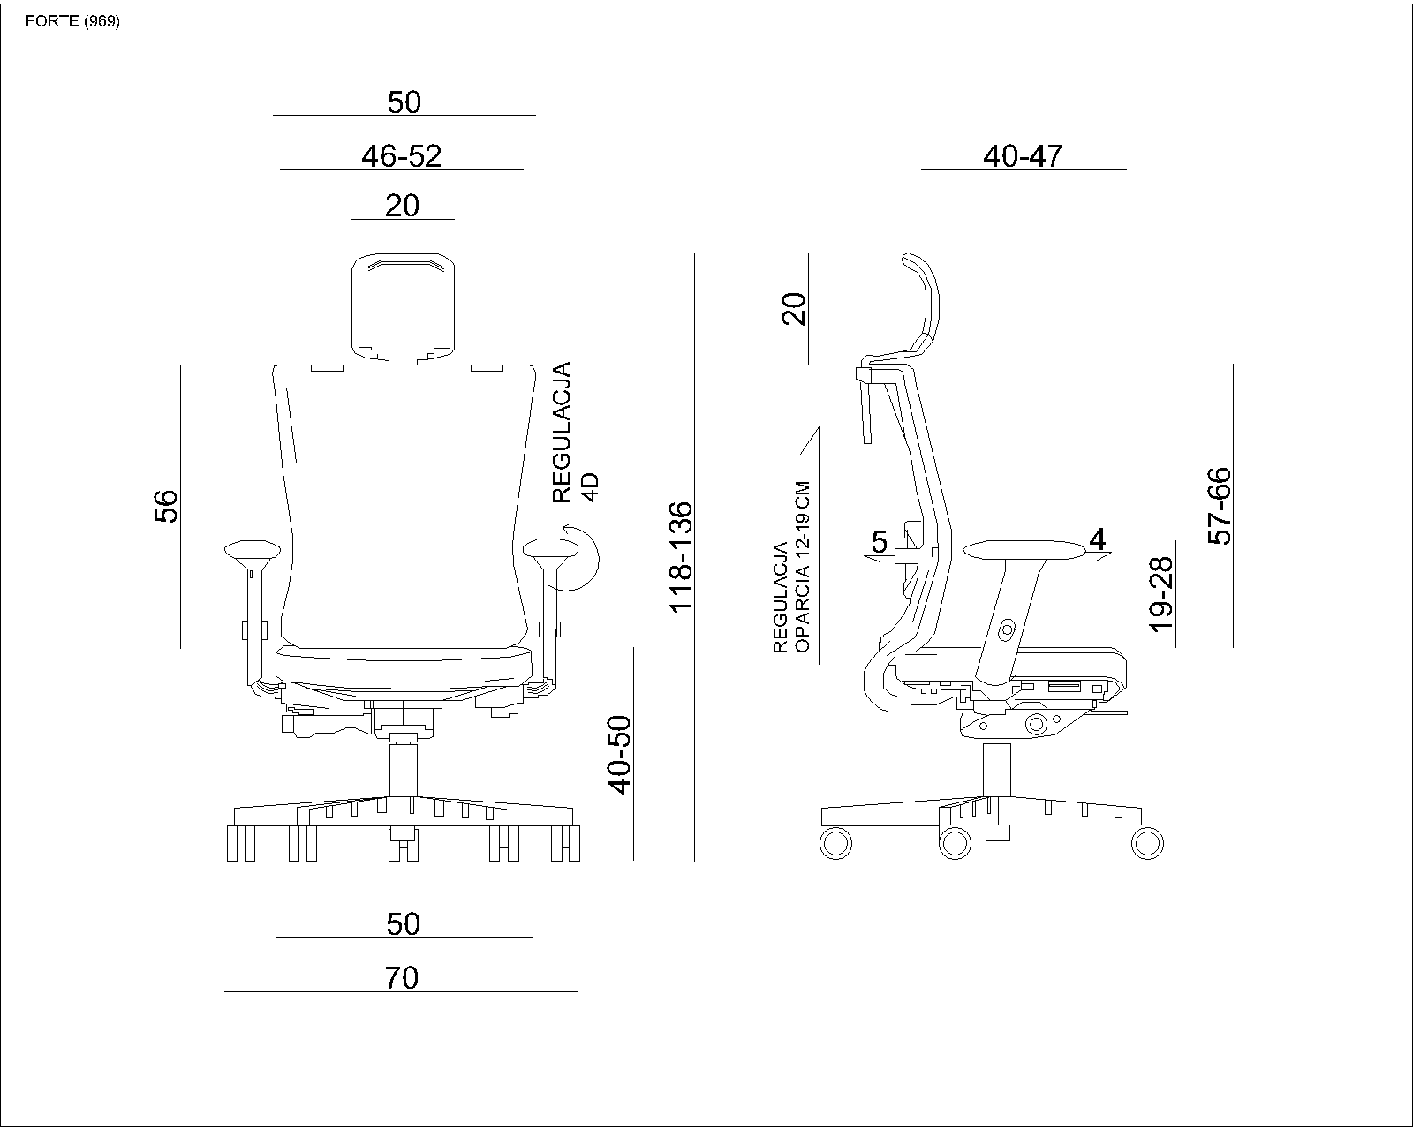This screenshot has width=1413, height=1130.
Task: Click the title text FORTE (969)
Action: [x=72, y=22]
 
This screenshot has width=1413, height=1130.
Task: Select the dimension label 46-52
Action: [x=401, y=156]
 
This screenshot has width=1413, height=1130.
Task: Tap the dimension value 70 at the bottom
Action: [x=401, y=977]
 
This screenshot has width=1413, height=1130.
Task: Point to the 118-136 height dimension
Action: [x=680, y=557]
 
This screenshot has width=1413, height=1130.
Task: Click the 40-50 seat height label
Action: [x=620, y=755]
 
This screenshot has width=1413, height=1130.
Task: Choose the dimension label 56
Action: [x=166, y=506]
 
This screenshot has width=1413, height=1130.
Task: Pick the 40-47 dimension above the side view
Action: [x=1023, y=156]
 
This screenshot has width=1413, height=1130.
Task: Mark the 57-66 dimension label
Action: [x=1220, y=506]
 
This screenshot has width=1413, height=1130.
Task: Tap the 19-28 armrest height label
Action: [x=1161, y=594]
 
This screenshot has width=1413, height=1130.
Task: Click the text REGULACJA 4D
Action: [x=575, y=433]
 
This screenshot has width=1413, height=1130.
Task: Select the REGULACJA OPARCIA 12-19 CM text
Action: [x=792, y=567]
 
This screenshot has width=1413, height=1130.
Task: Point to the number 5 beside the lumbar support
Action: [x=880, y=542]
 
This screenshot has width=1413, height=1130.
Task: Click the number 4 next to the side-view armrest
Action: [x=1097, y=539]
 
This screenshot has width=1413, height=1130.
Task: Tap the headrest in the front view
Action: [x=404, y=307]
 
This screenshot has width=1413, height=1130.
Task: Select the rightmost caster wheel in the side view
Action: [x=1148, y=843]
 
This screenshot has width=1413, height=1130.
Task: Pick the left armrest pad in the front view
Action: [x=253, y=550]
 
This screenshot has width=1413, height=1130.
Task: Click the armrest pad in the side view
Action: [x=1024, y=550]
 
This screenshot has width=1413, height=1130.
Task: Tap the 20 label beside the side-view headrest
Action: [x=794, y=309]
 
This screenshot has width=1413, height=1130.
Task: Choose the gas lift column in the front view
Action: [x=404, y=770]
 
